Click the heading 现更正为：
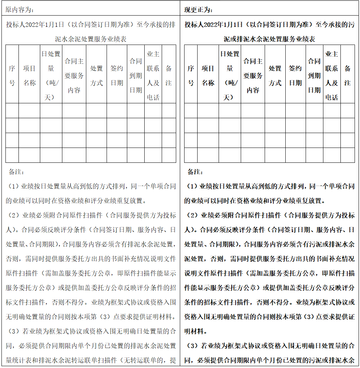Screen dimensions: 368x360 click(199, 9)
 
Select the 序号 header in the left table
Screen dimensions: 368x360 click(12, 75)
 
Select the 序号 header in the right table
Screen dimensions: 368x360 click(191, 75)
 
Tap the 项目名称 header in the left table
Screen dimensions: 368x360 click(29, 75)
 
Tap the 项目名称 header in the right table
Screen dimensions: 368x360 click(208, 75)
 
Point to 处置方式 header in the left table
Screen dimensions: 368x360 click(96, 75)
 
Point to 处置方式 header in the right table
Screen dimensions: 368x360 click(275, 75)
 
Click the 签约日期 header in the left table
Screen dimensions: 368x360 click(117, 75)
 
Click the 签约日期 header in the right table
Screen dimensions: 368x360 click(295, 75)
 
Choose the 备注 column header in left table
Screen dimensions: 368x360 click(169, 75)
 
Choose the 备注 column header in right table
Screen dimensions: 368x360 click(347, 75)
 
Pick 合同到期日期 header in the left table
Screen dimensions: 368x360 click(136, 75)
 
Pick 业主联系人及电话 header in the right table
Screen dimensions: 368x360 click(331, 75)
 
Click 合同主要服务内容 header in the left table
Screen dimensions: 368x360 click(74, 75)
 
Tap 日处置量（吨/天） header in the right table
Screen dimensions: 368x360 click(229, 75)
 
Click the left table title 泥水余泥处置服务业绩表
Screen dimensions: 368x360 click(91, 39)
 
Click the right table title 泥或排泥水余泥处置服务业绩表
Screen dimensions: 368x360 click(269, 39)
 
